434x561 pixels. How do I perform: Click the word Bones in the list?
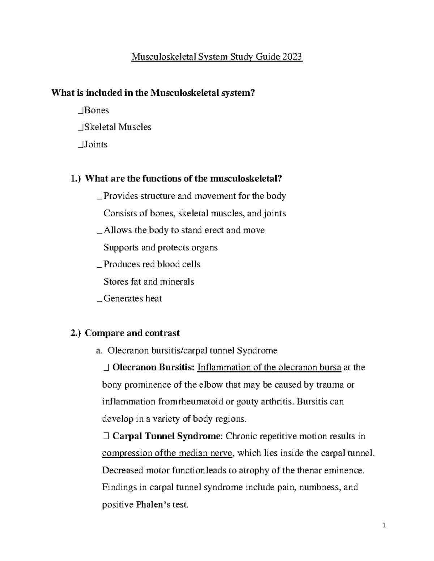coord(96,110)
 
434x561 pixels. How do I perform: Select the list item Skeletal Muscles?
coord(118,127)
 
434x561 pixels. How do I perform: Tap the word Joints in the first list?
coord(95,144)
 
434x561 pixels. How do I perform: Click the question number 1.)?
coord(76,179)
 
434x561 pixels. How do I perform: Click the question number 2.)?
coord(76,333)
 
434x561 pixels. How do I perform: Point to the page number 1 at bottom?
coord(384,526)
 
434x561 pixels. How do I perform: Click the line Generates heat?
coord(133,298)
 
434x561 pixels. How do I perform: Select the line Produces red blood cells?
coord(152,264)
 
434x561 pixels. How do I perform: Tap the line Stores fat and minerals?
coord(149,281)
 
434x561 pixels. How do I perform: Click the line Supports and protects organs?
coord(161,247)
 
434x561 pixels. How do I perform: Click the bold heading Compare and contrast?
coord(132,333)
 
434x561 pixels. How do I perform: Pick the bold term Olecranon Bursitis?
coord(154,367)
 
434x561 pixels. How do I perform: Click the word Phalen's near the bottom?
coord(153,505)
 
